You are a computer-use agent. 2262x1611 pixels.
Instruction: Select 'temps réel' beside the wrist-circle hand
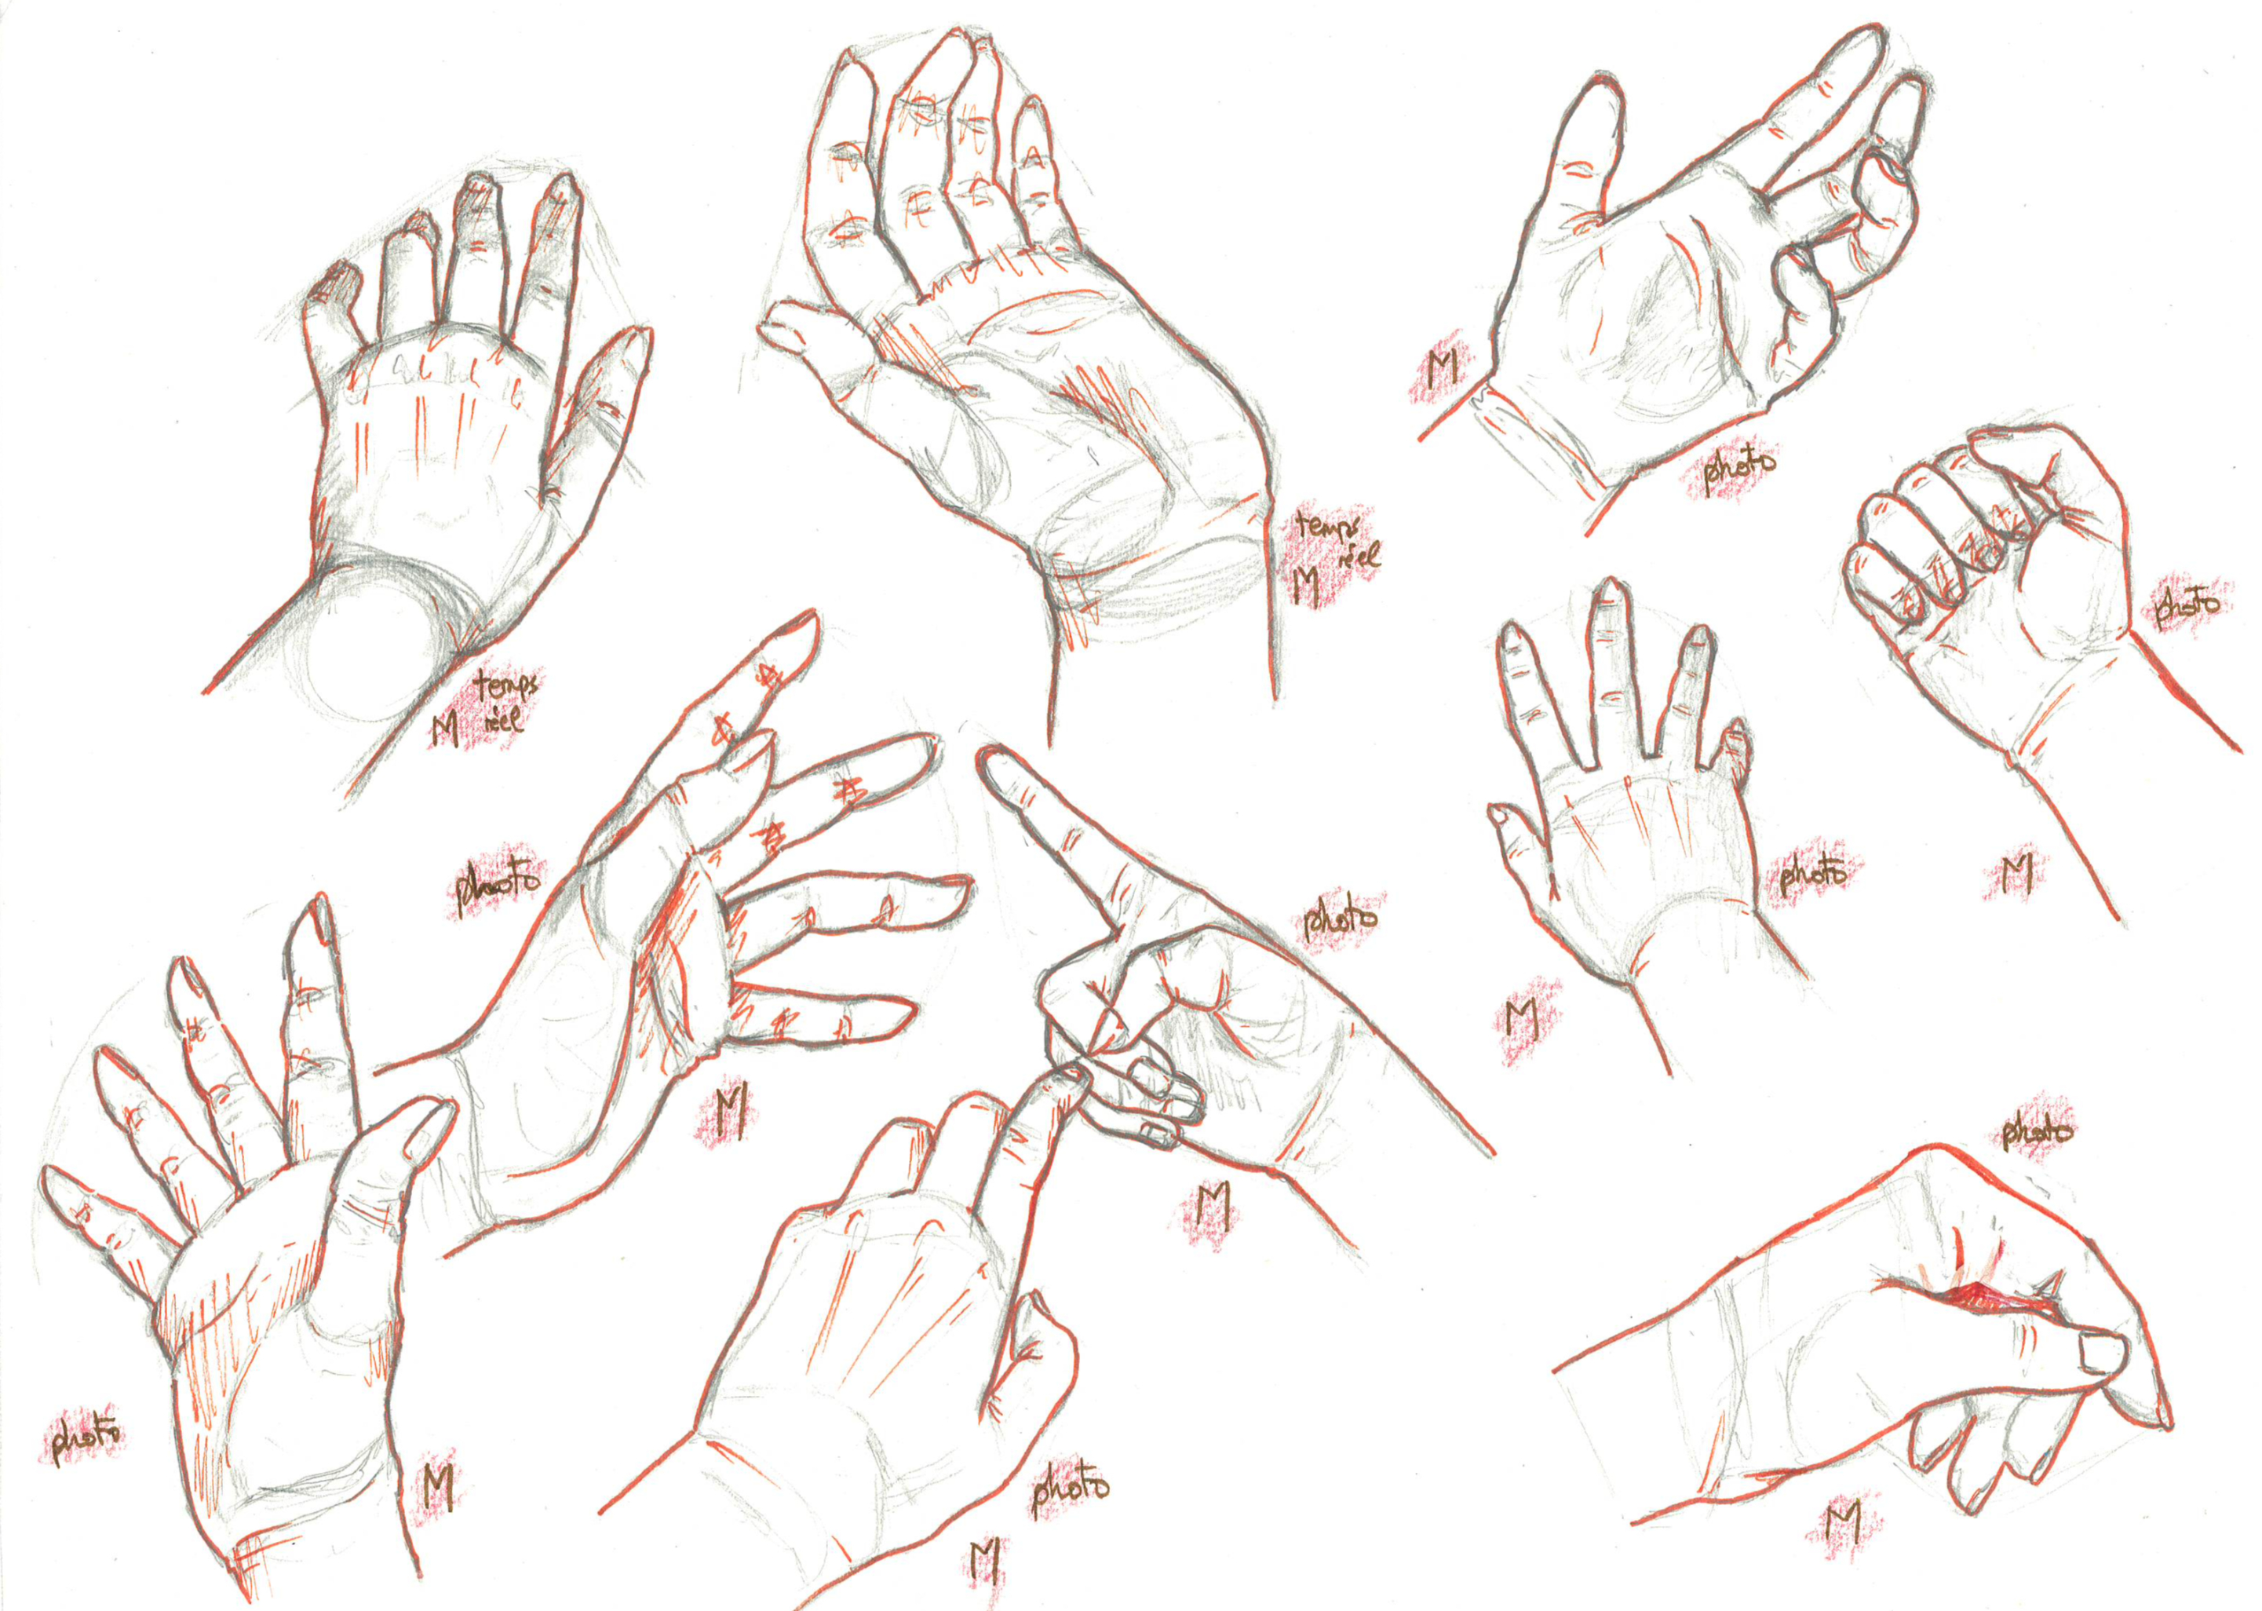505,700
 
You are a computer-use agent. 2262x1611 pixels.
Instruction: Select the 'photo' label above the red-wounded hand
2037,1130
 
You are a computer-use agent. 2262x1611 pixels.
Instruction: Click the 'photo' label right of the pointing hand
1340,918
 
